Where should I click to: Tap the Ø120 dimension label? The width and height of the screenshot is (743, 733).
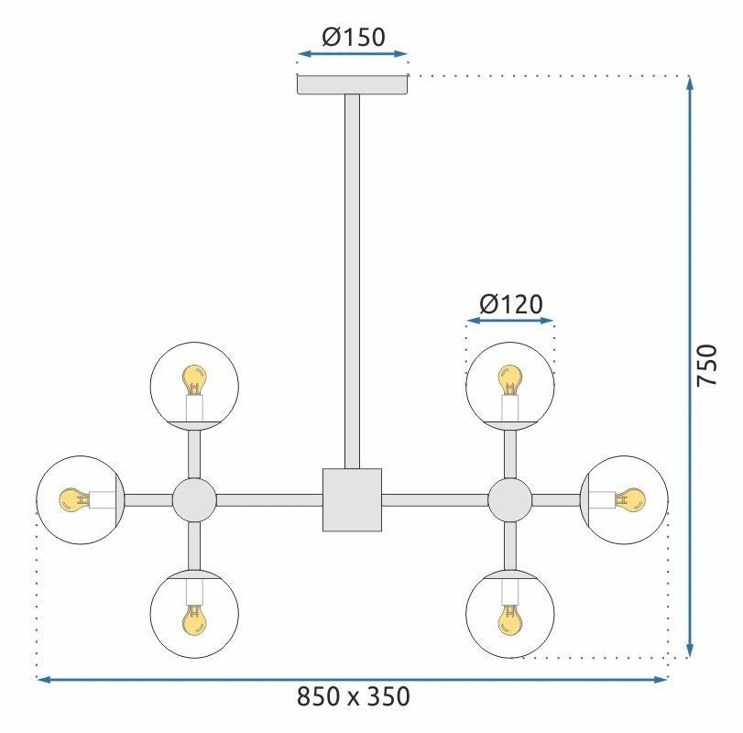tap(510, 303)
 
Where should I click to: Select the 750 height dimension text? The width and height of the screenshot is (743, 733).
tap(705, 366)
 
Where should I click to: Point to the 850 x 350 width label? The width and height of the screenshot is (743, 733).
tap(353, 697)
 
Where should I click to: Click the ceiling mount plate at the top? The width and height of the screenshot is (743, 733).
tap(353, 83)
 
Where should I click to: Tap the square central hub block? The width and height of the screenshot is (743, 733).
tap(352, 499)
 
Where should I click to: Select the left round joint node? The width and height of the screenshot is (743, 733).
tap(194, 499)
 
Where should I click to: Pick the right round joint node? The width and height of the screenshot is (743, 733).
tap(510, 499)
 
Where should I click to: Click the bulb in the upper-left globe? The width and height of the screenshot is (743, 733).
tap(194, 378)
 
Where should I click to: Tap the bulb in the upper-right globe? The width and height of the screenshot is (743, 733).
tap(510, 378)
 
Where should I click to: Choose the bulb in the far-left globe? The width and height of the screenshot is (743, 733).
tap(71, 499)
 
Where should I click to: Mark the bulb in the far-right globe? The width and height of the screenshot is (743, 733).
tap(631, 499)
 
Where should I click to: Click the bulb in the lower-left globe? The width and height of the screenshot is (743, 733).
tap(194, 621)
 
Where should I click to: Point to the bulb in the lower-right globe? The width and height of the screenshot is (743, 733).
tap(510, 621)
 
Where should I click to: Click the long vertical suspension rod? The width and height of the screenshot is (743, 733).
tap(352, 275)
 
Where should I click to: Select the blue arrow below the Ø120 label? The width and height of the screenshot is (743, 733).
tap(510, 321)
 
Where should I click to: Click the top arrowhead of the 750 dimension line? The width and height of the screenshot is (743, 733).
tap(689, 84)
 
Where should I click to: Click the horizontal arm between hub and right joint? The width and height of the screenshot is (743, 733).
tap(434, 499)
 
